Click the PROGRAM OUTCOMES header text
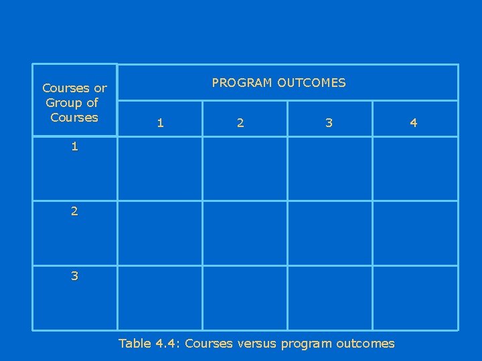click(x=278, y=83)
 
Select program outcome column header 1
click(x=159, y=122)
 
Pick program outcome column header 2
click(x=240, y=122)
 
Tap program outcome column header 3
click(x=328, y=122)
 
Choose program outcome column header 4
click(x=413, y=122)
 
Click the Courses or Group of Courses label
click(x=74, y=102)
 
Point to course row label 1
click(x=74, y=146)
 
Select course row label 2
click(x=74, y=211)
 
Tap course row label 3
click(x=74, y=275)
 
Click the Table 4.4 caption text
click(x=256, y=344)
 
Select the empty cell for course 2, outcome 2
click(x=245, y=233)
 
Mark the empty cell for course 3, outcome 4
click(x=415, y=297)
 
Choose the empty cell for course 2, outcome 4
click(x=415, y=233)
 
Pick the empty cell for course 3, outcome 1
click(x=160, y=297)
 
